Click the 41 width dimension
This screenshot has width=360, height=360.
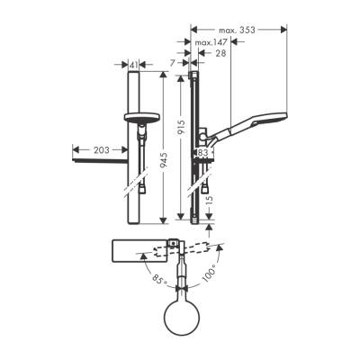click(x=134, y=66)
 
